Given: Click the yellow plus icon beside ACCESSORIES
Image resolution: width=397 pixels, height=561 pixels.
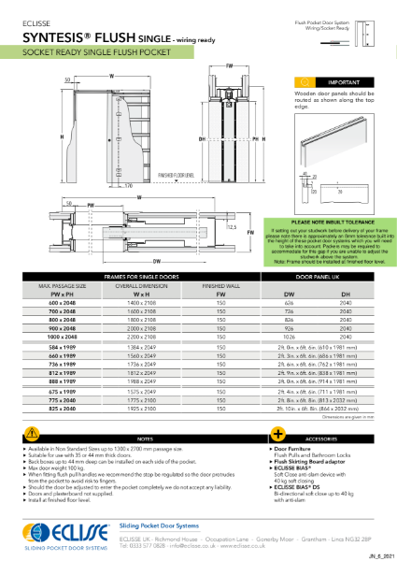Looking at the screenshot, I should (277, 437).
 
